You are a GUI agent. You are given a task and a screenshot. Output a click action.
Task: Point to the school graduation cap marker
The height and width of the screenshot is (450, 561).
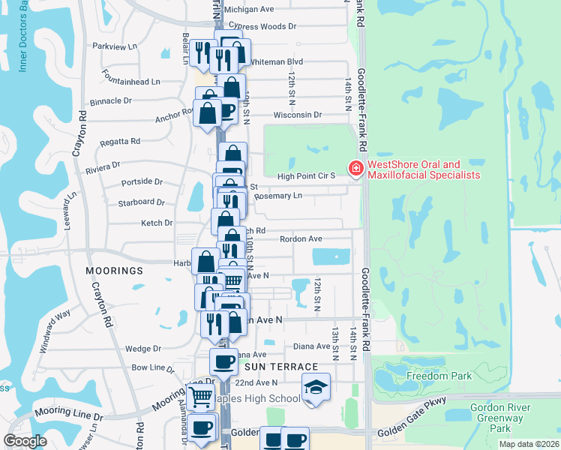point(316,387)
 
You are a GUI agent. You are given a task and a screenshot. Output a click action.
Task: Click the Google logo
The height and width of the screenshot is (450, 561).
point(25,441)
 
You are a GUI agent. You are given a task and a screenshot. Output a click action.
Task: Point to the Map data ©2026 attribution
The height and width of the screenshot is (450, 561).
point(529,444)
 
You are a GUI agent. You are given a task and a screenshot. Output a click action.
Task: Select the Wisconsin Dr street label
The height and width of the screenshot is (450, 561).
point(297,115)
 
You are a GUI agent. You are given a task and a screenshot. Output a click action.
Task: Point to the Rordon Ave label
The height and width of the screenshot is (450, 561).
point(301,239)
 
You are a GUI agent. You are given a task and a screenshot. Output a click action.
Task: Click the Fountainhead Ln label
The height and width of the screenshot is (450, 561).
point(134,81)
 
